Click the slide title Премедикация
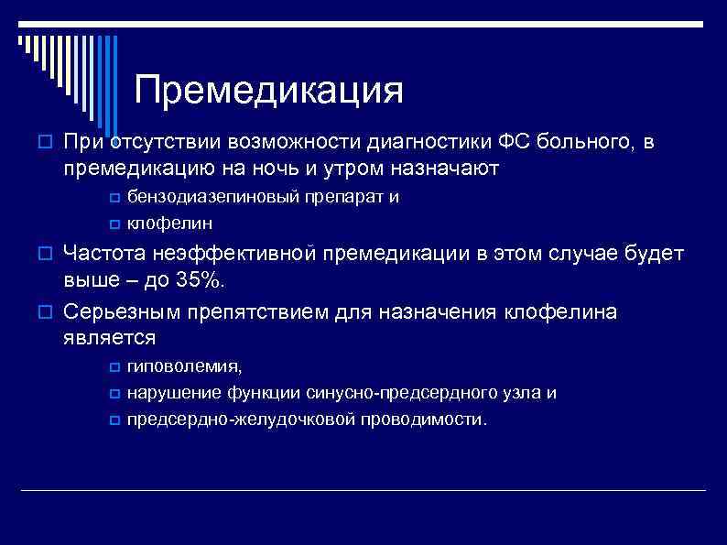(x=268, y=92)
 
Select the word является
(x=110, y=338)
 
